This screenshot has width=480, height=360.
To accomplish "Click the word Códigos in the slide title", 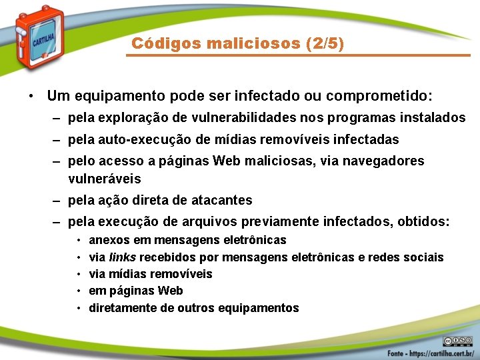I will click(x=157, y=44).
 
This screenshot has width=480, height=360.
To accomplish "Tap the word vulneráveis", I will click(x=104, y=179).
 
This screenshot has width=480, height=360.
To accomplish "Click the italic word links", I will click(x=123, y=257).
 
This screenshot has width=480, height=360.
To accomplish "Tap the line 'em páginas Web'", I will click(x=136, y=291).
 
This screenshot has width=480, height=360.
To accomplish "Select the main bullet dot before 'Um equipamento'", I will click(x=32, y=96).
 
